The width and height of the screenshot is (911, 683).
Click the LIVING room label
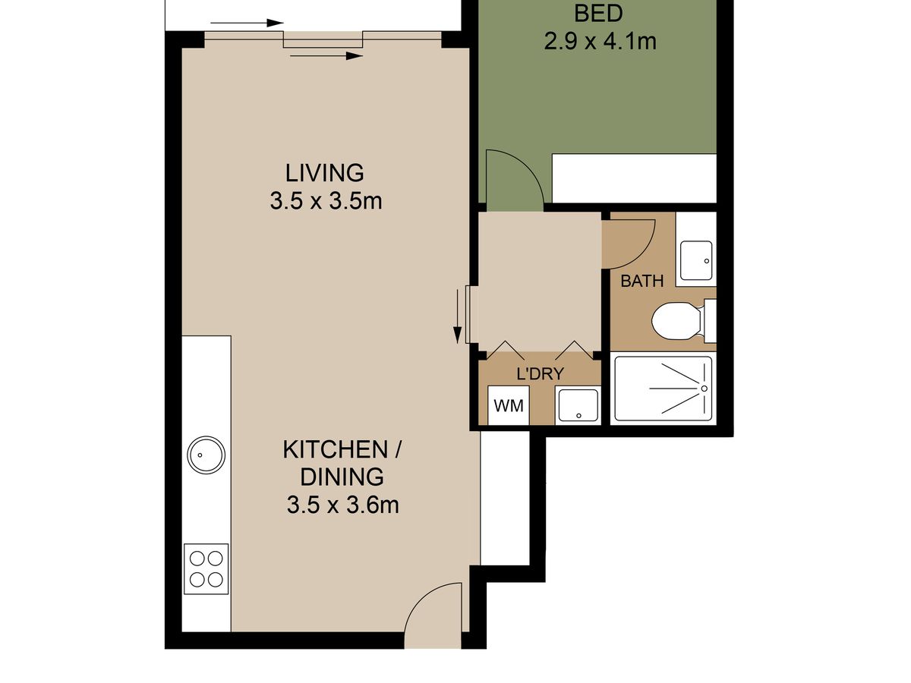pyautogui.click(x=324, y=173)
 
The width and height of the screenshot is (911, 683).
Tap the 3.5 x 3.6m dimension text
pyautogui.click(x=343, y=505)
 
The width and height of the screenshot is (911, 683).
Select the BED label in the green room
pyautogui.click(x=598, y=13)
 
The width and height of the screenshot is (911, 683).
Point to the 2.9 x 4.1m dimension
pyautogui.click(x=601, y=42)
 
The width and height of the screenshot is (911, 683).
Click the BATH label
pyautogui.click(x=641, y=281)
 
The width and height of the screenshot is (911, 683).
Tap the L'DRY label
pyautogui.click(x=540, y=374)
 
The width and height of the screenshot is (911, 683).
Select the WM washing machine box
pyautogui.click(x=509, y=405)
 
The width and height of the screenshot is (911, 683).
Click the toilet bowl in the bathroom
pyautogui.click(x=676, y=320)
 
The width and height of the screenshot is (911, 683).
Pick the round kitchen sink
pyautogui.click(x=206, y=455)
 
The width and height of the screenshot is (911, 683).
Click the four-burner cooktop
pyautogui.click(x=206, y=568)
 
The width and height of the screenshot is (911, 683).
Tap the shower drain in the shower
pyautogui.click(x=704, y=388)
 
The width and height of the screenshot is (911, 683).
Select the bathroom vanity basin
pyautogui.click(x=696, y=260)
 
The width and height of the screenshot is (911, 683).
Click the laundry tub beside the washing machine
pyautogui.click(x=578, y=405)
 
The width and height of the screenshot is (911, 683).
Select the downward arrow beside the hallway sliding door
pyautogui.click(x=457, y=316)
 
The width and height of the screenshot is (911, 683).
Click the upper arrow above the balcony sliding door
pyautogui.click(x=247, y=24)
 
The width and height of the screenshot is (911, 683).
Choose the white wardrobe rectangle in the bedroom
pyautogui.click(x=634, y=178)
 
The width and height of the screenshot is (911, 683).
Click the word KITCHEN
pyautogui.click(x=336, y=449)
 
